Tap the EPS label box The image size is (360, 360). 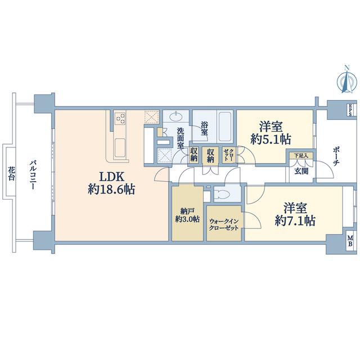(350, 110)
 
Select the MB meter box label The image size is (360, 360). (350, 241)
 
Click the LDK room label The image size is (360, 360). (111, 177)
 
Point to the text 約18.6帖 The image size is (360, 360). (111, 190)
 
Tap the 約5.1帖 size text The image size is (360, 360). (271, 139)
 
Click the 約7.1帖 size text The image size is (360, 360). (295, 221)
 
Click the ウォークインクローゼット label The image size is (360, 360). (224, 225)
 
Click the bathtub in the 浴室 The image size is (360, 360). (224, 127)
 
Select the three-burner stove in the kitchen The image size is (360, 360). (120, 119)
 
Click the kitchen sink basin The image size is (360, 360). (120, 148)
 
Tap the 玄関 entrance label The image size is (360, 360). (301, 171)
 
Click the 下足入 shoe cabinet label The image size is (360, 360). (301, 155)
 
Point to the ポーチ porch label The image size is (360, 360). (336, 156)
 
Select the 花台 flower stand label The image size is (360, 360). (11, 173)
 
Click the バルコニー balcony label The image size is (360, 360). (33, 175)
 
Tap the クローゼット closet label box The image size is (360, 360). (229, 155)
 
